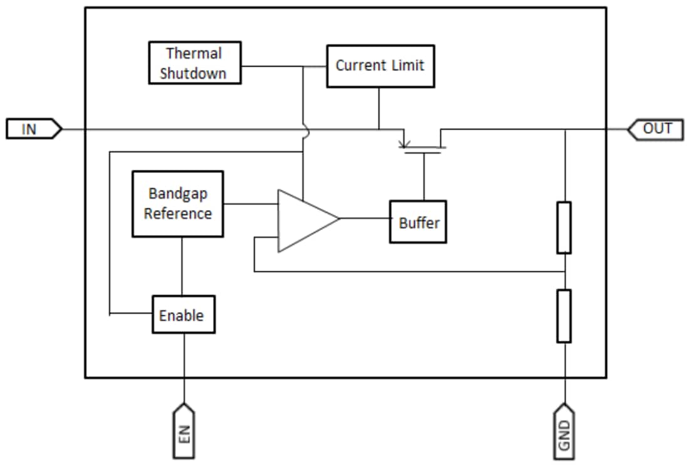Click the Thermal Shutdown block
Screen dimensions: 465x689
(194, 63)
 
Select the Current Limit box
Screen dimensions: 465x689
(380, 65)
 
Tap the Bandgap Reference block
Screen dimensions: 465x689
(177, 204)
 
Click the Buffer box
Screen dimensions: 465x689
(418, 222)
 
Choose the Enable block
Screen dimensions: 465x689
(184, 314)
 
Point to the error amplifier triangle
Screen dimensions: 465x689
(304, 221)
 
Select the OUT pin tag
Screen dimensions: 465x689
(654, 129)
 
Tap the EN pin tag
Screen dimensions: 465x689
(184, 432)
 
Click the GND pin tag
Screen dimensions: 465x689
(564, 432)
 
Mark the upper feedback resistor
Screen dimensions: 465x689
(564, 227)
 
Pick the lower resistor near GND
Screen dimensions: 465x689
(564, 315)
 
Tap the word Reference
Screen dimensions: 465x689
(178, 214)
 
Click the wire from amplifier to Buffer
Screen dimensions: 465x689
(365, 219)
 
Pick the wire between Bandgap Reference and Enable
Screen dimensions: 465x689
(182, 266)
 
